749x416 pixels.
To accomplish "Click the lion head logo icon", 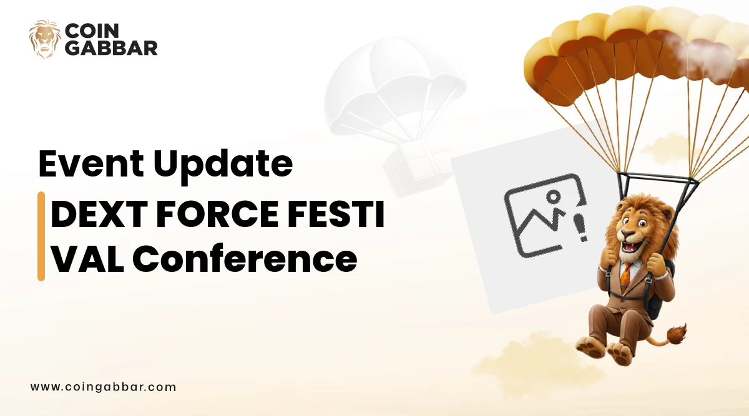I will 45,39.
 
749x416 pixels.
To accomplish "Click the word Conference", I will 245,259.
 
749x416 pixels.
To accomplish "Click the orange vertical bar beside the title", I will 41,236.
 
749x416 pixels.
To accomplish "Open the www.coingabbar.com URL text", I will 103,387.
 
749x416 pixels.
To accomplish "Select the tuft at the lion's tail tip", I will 677,334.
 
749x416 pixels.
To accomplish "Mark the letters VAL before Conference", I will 86,259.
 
